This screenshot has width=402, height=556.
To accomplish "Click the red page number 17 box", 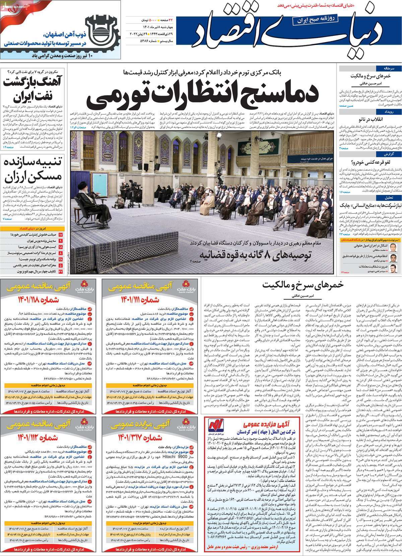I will point(61,235).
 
